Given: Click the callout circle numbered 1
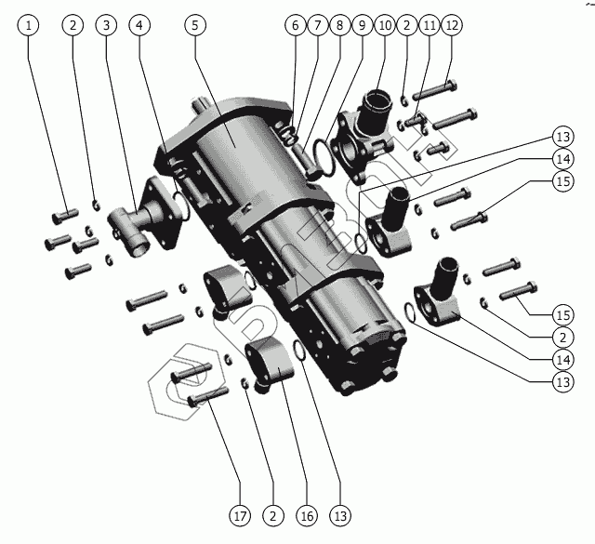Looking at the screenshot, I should (32, 25).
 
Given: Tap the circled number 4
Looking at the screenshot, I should (139, 25).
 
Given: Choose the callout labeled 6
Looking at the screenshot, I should (296, 25).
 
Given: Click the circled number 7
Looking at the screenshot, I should (317, 25).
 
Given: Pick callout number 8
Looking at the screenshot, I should (339, 25).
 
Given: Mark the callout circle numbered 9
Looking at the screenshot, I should (362, 25).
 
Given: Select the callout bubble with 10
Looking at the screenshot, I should (384, 25).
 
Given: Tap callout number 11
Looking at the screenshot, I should (429, 25).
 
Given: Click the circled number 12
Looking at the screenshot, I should (451, 25).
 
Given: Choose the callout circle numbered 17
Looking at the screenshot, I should (240, 513).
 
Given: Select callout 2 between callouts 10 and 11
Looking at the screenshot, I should (406, 25).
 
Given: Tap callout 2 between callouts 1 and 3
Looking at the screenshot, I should (73, 25).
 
